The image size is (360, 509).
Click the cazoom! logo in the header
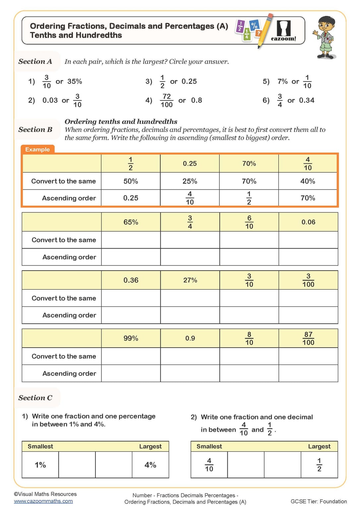pos(283,31)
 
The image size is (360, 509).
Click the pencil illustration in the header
pos(266,30)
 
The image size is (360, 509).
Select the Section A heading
pos(35,62)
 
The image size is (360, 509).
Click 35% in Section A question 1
pos(75,82)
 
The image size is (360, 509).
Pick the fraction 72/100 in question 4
pos(166,100)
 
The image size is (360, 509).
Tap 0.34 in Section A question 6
pos(307,100)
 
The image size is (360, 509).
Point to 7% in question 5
pos(282,82)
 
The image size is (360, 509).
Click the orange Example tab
pos(37,149)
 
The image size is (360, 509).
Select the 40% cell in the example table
pos(308,181)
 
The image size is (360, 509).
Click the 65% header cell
pos(131,222)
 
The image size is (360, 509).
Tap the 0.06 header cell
pos(308,222)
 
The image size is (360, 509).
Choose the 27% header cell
pos(190,280)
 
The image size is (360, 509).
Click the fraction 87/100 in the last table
pos(308,338)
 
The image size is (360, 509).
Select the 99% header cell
pos(131,338)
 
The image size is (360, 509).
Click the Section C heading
pos(35,398)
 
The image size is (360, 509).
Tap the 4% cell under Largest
pos(150,465)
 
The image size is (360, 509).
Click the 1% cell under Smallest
pos(40,465)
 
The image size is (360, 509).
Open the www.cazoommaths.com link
pos(43,501)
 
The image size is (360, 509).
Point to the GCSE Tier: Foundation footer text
pos(319,501)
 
